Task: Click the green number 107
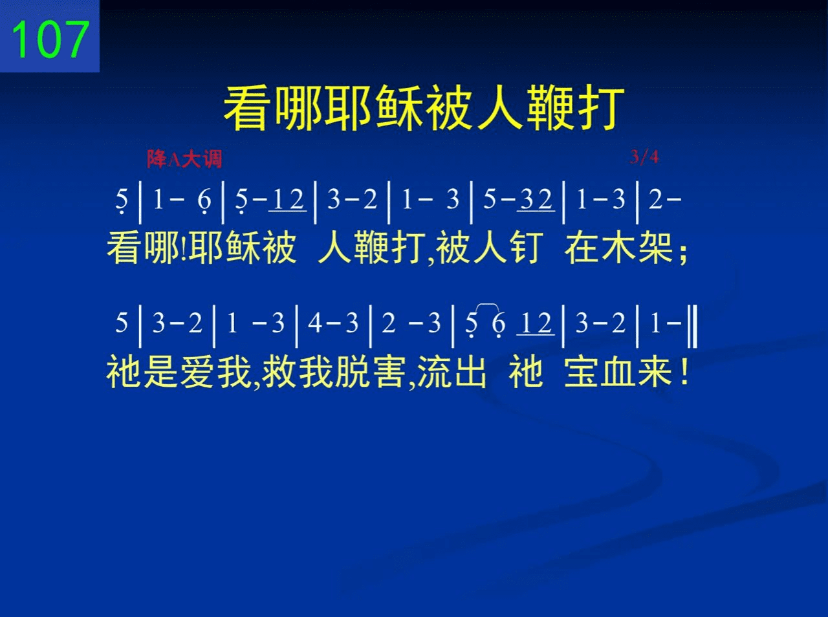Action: click(x=50, y=39)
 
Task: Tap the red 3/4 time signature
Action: click(x=644, y=157)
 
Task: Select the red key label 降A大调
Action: click(x=184, y=158)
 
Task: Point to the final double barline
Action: click(x=693, y=327)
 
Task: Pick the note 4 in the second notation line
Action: click(x=314, y=323)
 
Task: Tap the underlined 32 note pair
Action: click(x=536, y=200)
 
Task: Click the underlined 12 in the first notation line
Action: click(x=287, y=200)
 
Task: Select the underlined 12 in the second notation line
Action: click(x=536, y=324)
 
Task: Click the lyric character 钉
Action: click(x=526, y=248)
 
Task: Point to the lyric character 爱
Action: click(x=197, y=372)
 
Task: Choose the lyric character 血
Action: click(x=618, y=372)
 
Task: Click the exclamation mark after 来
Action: click(x=684, y=372)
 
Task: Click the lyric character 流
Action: click(x=435, y=372)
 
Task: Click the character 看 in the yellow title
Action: click(x=248, y=107)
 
